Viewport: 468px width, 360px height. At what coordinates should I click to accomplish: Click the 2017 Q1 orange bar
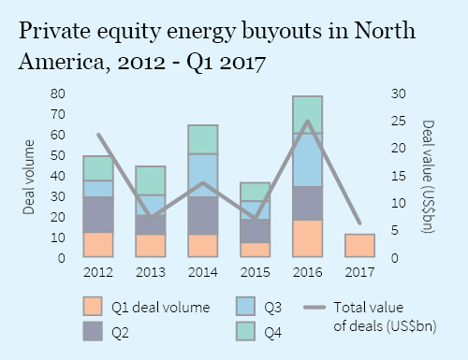[x=360, y=245]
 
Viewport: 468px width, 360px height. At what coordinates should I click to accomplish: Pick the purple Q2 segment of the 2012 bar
[x=98, y=214]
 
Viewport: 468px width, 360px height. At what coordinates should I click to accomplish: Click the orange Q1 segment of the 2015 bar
[x=256, y=250]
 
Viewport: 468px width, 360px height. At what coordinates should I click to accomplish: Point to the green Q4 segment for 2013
[x=151, y=180]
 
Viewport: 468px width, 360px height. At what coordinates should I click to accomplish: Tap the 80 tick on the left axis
[x=58, y=94]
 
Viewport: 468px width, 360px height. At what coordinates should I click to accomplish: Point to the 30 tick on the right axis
[x=398, y=94]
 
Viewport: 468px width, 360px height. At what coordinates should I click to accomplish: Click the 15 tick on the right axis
[x=398, y=176]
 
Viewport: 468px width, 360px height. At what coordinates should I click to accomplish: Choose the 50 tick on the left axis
[x=58, y=155]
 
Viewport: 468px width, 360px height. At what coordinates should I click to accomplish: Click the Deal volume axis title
[x=29, y=176]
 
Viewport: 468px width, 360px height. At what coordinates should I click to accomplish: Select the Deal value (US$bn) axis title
[x=429, y=176]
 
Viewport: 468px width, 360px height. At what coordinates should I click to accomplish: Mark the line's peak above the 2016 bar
[x=308, y=121]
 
